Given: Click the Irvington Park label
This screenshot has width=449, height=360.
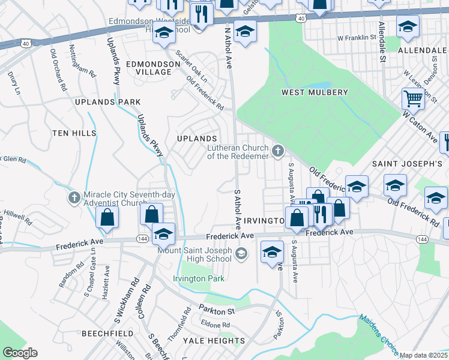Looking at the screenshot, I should click(x=199, y=278).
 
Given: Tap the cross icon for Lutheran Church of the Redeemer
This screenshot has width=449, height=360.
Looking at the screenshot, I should click(x=277, y=151).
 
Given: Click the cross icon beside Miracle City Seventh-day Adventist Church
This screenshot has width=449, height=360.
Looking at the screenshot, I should click(x=74, y=197).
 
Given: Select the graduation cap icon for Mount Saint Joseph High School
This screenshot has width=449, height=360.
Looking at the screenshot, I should click(x=241, y=254).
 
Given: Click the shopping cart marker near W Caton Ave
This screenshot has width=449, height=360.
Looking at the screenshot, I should click(x=412, y=98).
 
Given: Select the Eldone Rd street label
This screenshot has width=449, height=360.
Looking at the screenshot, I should click(x=217, y=325).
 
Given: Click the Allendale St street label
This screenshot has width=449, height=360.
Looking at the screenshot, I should click(x=382, y=42).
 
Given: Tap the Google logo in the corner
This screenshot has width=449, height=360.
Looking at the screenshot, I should click(x=20, y=353).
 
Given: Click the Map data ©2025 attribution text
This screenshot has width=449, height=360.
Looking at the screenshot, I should click(x=423, y=355).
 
